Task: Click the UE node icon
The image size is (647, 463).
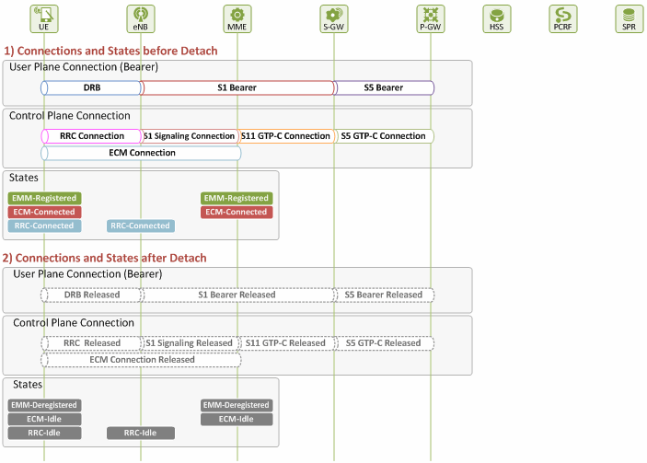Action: tap(44, 18)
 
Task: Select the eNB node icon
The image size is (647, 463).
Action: tap(140, 18)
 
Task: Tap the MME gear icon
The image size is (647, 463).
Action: tap(237, 18)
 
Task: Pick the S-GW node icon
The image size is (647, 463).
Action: tap(334, 18)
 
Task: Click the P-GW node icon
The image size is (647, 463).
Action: tap(431, 18)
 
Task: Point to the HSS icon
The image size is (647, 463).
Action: tap(497, 18)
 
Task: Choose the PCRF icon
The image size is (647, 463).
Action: tap(563, 18)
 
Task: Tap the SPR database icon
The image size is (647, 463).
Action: tap(629, 18)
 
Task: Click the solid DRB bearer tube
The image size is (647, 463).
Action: tap(91, 87)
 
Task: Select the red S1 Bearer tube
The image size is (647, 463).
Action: tap(237, 87)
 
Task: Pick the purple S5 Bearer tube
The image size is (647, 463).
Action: tap(384, 87)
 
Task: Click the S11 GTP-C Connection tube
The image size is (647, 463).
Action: tap(285, 136)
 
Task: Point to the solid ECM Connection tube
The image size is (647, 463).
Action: tap(141, 153)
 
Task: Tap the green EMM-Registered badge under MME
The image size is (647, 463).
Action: tap(237, 198)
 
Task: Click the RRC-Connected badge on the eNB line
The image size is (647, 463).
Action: tap(140, 226)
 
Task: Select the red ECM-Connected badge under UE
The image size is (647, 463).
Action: tap(44, 212)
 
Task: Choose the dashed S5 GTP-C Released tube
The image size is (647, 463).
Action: tap(384, 343)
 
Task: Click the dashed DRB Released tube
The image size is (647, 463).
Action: tap(91, 295)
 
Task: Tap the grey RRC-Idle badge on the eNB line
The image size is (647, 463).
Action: tap(140, 433)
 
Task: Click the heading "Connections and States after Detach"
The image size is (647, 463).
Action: tap(110, 259)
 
